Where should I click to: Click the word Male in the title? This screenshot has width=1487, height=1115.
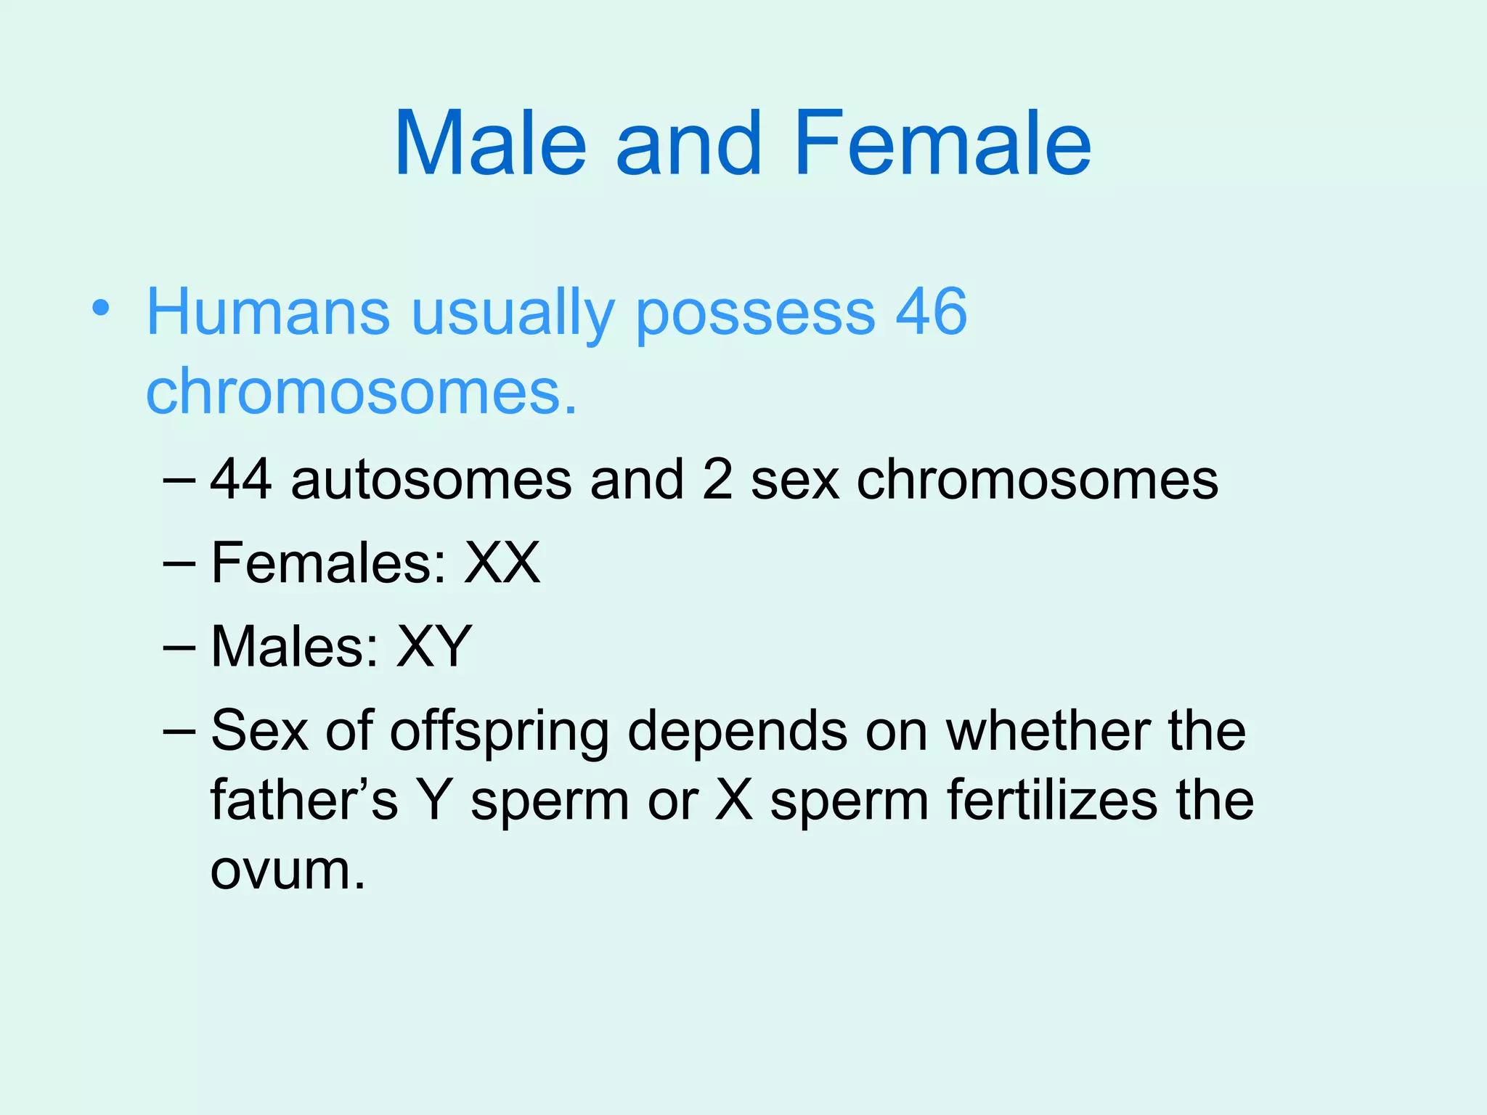pyautogui.click(x=490, y=143)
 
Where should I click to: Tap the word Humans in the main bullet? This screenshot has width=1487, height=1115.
pyautogui.click(x=268, y=312)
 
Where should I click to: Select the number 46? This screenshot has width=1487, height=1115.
pyautogui.click(x=931, y=312)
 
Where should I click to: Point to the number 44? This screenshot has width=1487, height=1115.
pyautogui.click(x=241, y=480)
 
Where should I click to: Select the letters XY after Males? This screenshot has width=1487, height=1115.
pyautogui.click(x=433, y=646)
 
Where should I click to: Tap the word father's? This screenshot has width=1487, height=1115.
pyautogui.click(x=303, y=801)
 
